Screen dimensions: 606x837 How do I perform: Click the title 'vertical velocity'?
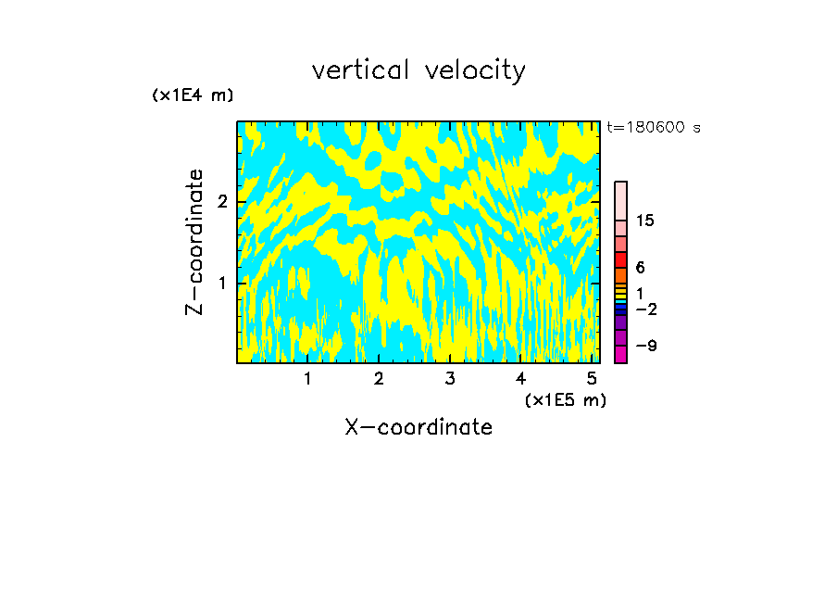[418, 70]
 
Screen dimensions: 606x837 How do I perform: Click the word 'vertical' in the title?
[356, 70]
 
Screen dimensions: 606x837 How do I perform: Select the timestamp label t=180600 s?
[653, 127]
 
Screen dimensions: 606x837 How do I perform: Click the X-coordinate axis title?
[418, 427]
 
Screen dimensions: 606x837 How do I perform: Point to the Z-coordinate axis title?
[194, 242]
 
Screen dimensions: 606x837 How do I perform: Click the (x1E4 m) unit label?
[193, 95]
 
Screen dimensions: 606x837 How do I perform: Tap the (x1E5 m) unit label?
[565, 399]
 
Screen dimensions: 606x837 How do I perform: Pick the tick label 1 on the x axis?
[308, 379]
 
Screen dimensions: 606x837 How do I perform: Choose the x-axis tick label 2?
[379, 379]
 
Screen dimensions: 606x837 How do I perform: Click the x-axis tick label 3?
[450, 379]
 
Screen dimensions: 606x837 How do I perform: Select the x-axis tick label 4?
[520, 379]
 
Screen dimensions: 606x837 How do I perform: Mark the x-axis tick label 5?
[592, 379]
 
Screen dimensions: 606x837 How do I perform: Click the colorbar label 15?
[645, 221]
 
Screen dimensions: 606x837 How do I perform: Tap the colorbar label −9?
[645, 346]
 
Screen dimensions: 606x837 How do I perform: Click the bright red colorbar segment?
[620, 259]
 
